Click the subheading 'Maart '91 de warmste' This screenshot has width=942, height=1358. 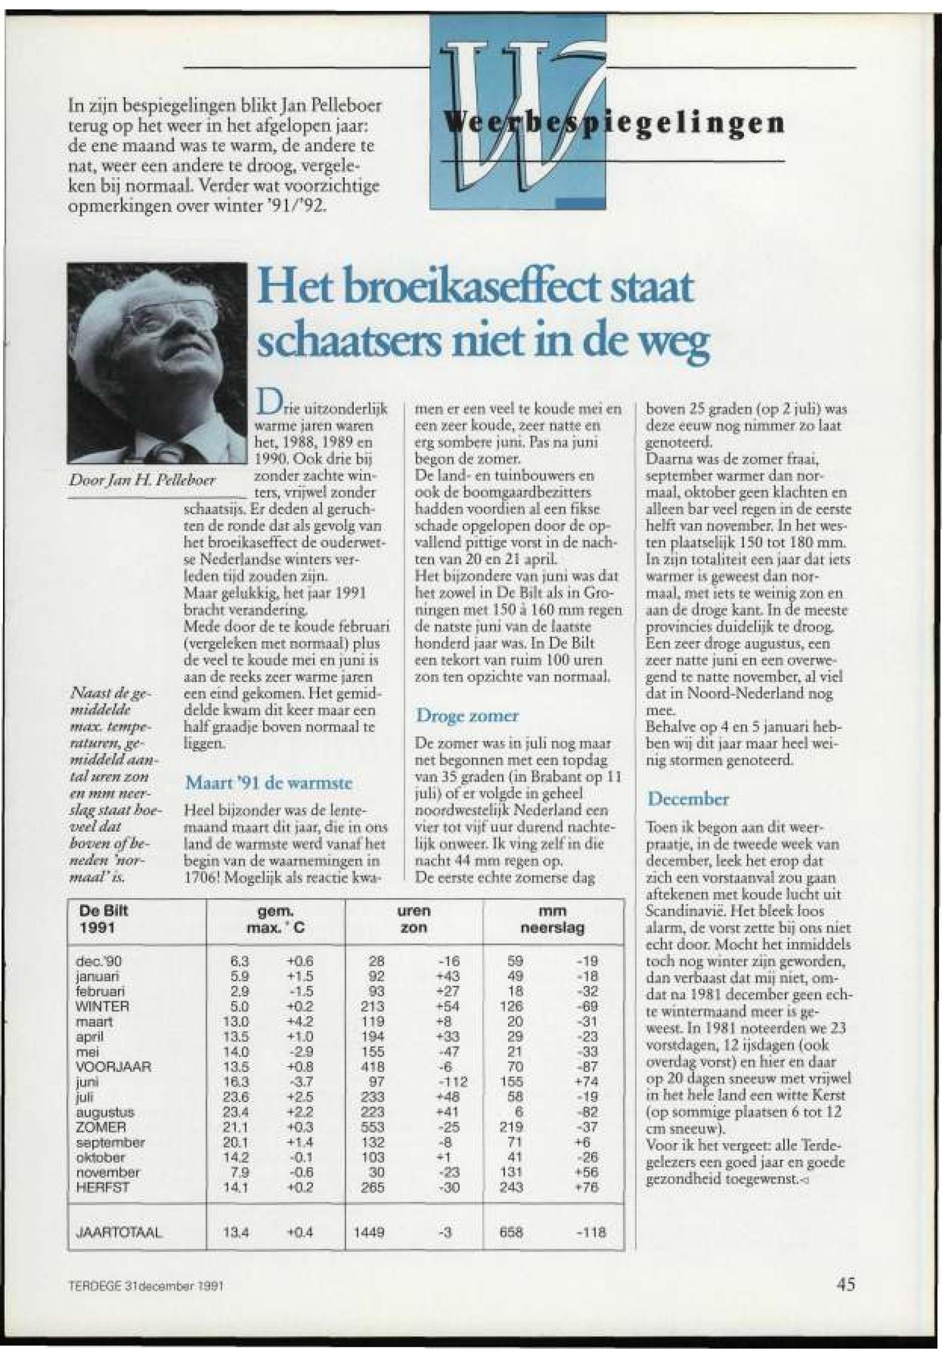(x=269, y=783)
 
